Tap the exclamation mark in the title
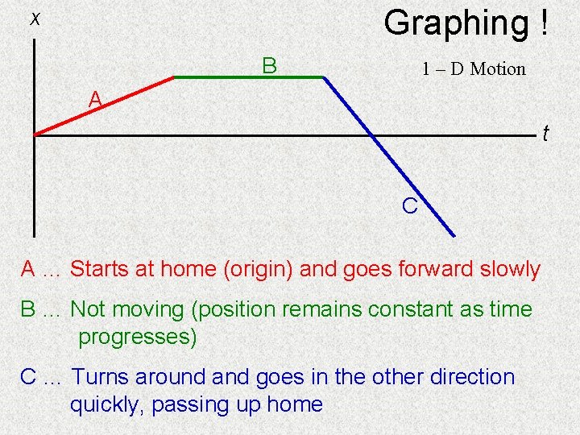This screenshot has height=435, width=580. point(545,23)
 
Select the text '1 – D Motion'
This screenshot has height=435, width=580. point(474,69)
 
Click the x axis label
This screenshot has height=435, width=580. point(35,19)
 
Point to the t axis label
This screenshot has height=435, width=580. point(545,133)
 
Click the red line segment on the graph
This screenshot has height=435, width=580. point(105,106)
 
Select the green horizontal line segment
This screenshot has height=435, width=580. point(248,77)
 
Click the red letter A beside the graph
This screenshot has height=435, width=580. point(95,99)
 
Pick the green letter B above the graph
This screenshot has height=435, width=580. point(269,65)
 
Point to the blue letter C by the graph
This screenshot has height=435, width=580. point(409,206)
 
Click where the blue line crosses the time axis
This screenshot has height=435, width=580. point(372,135)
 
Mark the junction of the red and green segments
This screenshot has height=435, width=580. point(174,77)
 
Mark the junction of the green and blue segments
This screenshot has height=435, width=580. point(323,77)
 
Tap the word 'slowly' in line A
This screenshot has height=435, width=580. point(510,269)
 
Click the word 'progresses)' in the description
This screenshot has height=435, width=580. point(138,337)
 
